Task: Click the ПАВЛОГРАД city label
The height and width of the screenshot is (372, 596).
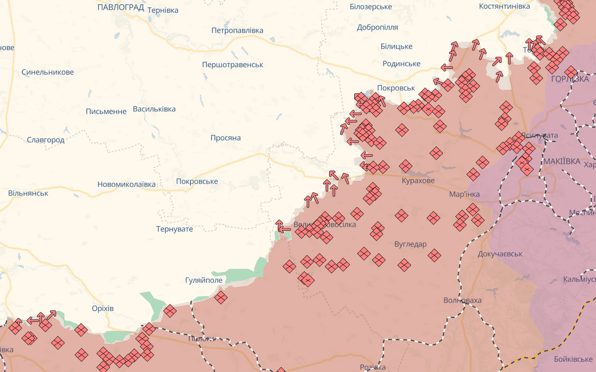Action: (x=121, y=7)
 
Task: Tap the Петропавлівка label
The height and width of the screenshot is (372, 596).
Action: (x=237, y=31)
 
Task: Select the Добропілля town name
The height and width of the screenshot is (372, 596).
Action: (x=377, y=27)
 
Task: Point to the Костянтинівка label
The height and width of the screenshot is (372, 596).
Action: (x=504, y=6)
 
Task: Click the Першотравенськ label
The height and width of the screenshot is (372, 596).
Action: (x=232, y=65)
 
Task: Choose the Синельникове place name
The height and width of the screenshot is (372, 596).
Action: (x=48, y=72)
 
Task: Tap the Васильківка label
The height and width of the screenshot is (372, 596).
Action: (x=154, y=109)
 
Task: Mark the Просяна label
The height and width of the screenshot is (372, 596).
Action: (x=226, y=138)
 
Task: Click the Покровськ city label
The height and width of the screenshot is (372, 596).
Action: (x=396, y=88)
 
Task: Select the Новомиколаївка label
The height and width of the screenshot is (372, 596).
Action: (x=126, y=184)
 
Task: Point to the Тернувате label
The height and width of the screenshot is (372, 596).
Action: (x=175, y=229)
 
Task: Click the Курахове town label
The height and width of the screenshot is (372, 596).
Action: (x=418, y=180)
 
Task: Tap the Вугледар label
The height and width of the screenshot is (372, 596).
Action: (x=410, y=244)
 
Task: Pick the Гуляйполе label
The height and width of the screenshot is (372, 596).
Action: (x=204, y=280)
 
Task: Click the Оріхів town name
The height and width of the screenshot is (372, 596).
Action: (x=102, y=309)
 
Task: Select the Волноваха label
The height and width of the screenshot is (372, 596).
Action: (x=462, y=300)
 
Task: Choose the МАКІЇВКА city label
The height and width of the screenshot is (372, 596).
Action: (x=562, y=161)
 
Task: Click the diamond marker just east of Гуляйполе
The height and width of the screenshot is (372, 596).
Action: (x=221, y=297)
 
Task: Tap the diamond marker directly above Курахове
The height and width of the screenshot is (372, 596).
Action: (x=406, y=166)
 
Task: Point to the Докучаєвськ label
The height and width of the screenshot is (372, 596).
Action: (x=500, y=254)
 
